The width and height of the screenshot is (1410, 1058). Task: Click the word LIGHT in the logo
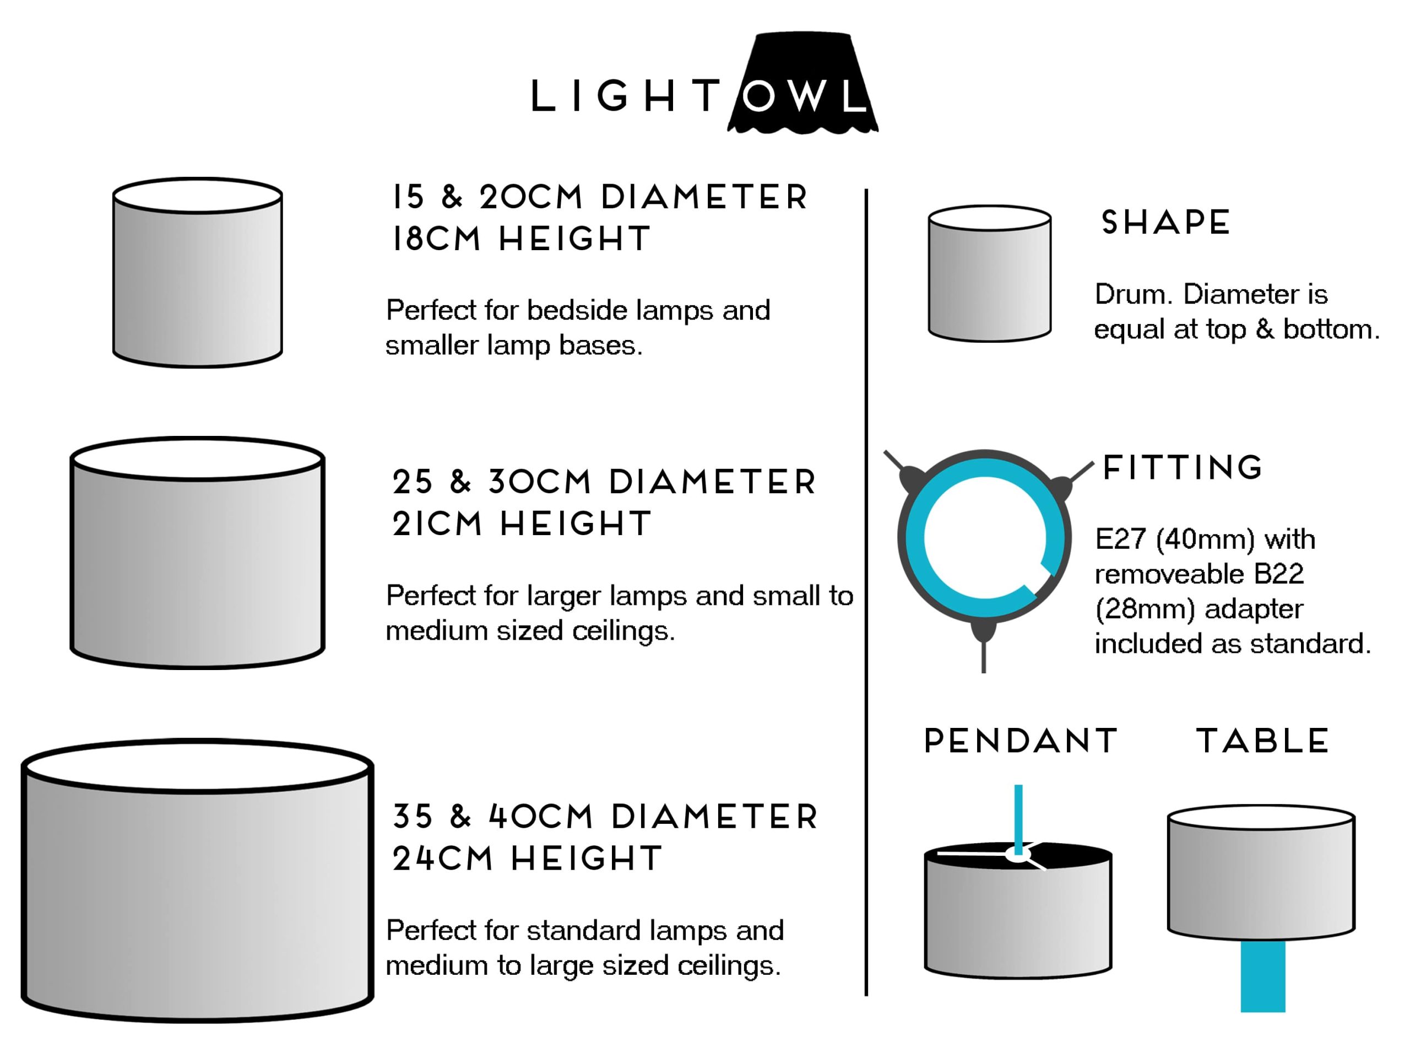[625, 97]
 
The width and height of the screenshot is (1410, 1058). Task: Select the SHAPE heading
[1165, 223]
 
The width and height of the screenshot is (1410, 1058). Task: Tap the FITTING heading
[1183, 467]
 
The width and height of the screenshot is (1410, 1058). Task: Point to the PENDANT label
[1021, 741]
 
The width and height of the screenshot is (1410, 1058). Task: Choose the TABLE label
[1262, 741]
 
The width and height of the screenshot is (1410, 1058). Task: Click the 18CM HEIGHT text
[521, 239]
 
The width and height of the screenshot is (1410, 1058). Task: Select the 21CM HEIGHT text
[522, 524]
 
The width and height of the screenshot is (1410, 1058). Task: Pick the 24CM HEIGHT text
[527, 859]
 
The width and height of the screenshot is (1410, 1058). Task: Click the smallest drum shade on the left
[198, 274]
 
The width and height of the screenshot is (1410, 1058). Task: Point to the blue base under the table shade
[1262, 976]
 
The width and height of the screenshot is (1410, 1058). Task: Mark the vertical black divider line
[866, 593]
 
